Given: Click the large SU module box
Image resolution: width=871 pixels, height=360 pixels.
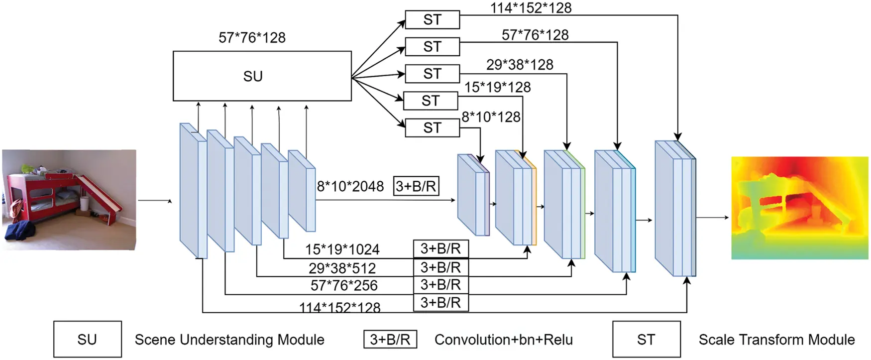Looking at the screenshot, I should coord(262,76).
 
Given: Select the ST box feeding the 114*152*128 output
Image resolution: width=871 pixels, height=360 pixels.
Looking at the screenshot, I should coord(432,20).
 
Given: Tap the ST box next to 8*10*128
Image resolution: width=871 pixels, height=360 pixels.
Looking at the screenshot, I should coord(432,128).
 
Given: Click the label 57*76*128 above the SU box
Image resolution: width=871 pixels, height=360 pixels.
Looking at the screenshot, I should coord(252,38).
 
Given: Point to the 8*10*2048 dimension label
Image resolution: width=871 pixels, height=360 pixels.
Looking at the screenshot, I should coord(350,187).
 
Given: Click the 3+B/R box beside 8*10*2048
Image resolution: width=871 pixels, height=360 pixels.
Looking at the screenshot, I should coord(416,186).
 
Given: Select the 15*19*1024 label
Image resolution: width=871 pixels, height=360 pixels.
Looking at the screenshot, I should coord(342,249).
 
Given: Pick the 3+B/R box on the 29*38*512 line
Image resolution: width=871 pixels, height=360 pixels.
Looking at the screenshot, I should coord(440,267).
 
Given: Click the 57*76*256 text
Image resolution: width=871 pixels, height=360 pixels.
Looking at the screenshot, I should coord(344,285).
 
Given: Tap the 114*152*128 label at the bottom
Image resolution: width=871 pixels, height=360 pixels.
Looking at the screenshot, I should coord(339,308).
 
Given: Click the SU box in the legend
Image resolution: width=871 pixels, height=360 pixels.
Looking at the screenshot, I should coord(87,339).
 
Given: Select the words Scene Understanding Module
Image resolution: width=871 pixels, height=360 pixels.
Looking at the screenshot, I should coord(229,340).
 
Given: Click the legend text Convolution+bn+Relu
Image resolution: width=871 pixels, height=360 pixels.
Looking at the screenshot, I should coord(503,340).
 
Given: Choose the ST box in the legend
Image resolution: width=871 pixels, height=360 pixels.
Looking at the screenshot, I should coord(646,339).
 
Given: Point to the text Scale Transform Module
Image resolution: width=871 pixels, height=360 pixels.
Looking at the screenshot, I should coord(776,340).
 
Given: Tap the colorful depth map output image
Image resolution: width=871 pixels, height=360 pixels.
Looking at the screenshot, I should coord(799,208).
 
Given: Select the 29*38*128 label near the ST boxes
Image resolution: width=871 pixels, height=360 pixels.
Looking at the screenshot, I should coord(520,65).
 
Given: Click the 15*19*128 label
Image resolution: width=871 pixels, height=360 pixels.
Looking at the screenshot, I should coord(497,87).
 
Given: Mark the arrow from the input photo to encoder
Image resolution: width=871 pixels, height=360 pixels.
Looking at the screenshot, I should coord(154,201).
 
